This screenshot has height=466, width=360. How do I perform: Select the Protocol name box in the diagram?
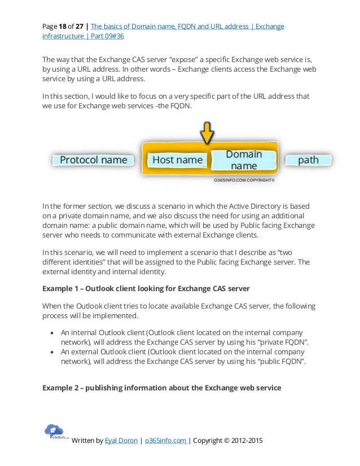94,160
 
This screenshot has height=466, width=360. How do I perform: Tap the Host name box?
177,160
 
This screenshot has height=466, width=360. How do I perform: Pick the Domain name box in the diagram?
244,160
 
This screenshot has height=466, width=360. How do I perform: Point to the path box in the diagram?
308,160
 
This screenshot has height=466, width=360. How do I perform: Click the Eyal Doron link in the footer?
121,441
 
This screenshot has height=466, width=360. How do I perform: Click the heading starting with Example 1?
146,289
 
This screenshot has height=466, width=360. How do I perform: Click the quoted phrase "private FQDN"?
286,342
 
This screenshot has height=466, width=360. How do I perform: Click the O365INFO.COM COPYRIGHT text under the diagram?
244,182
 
